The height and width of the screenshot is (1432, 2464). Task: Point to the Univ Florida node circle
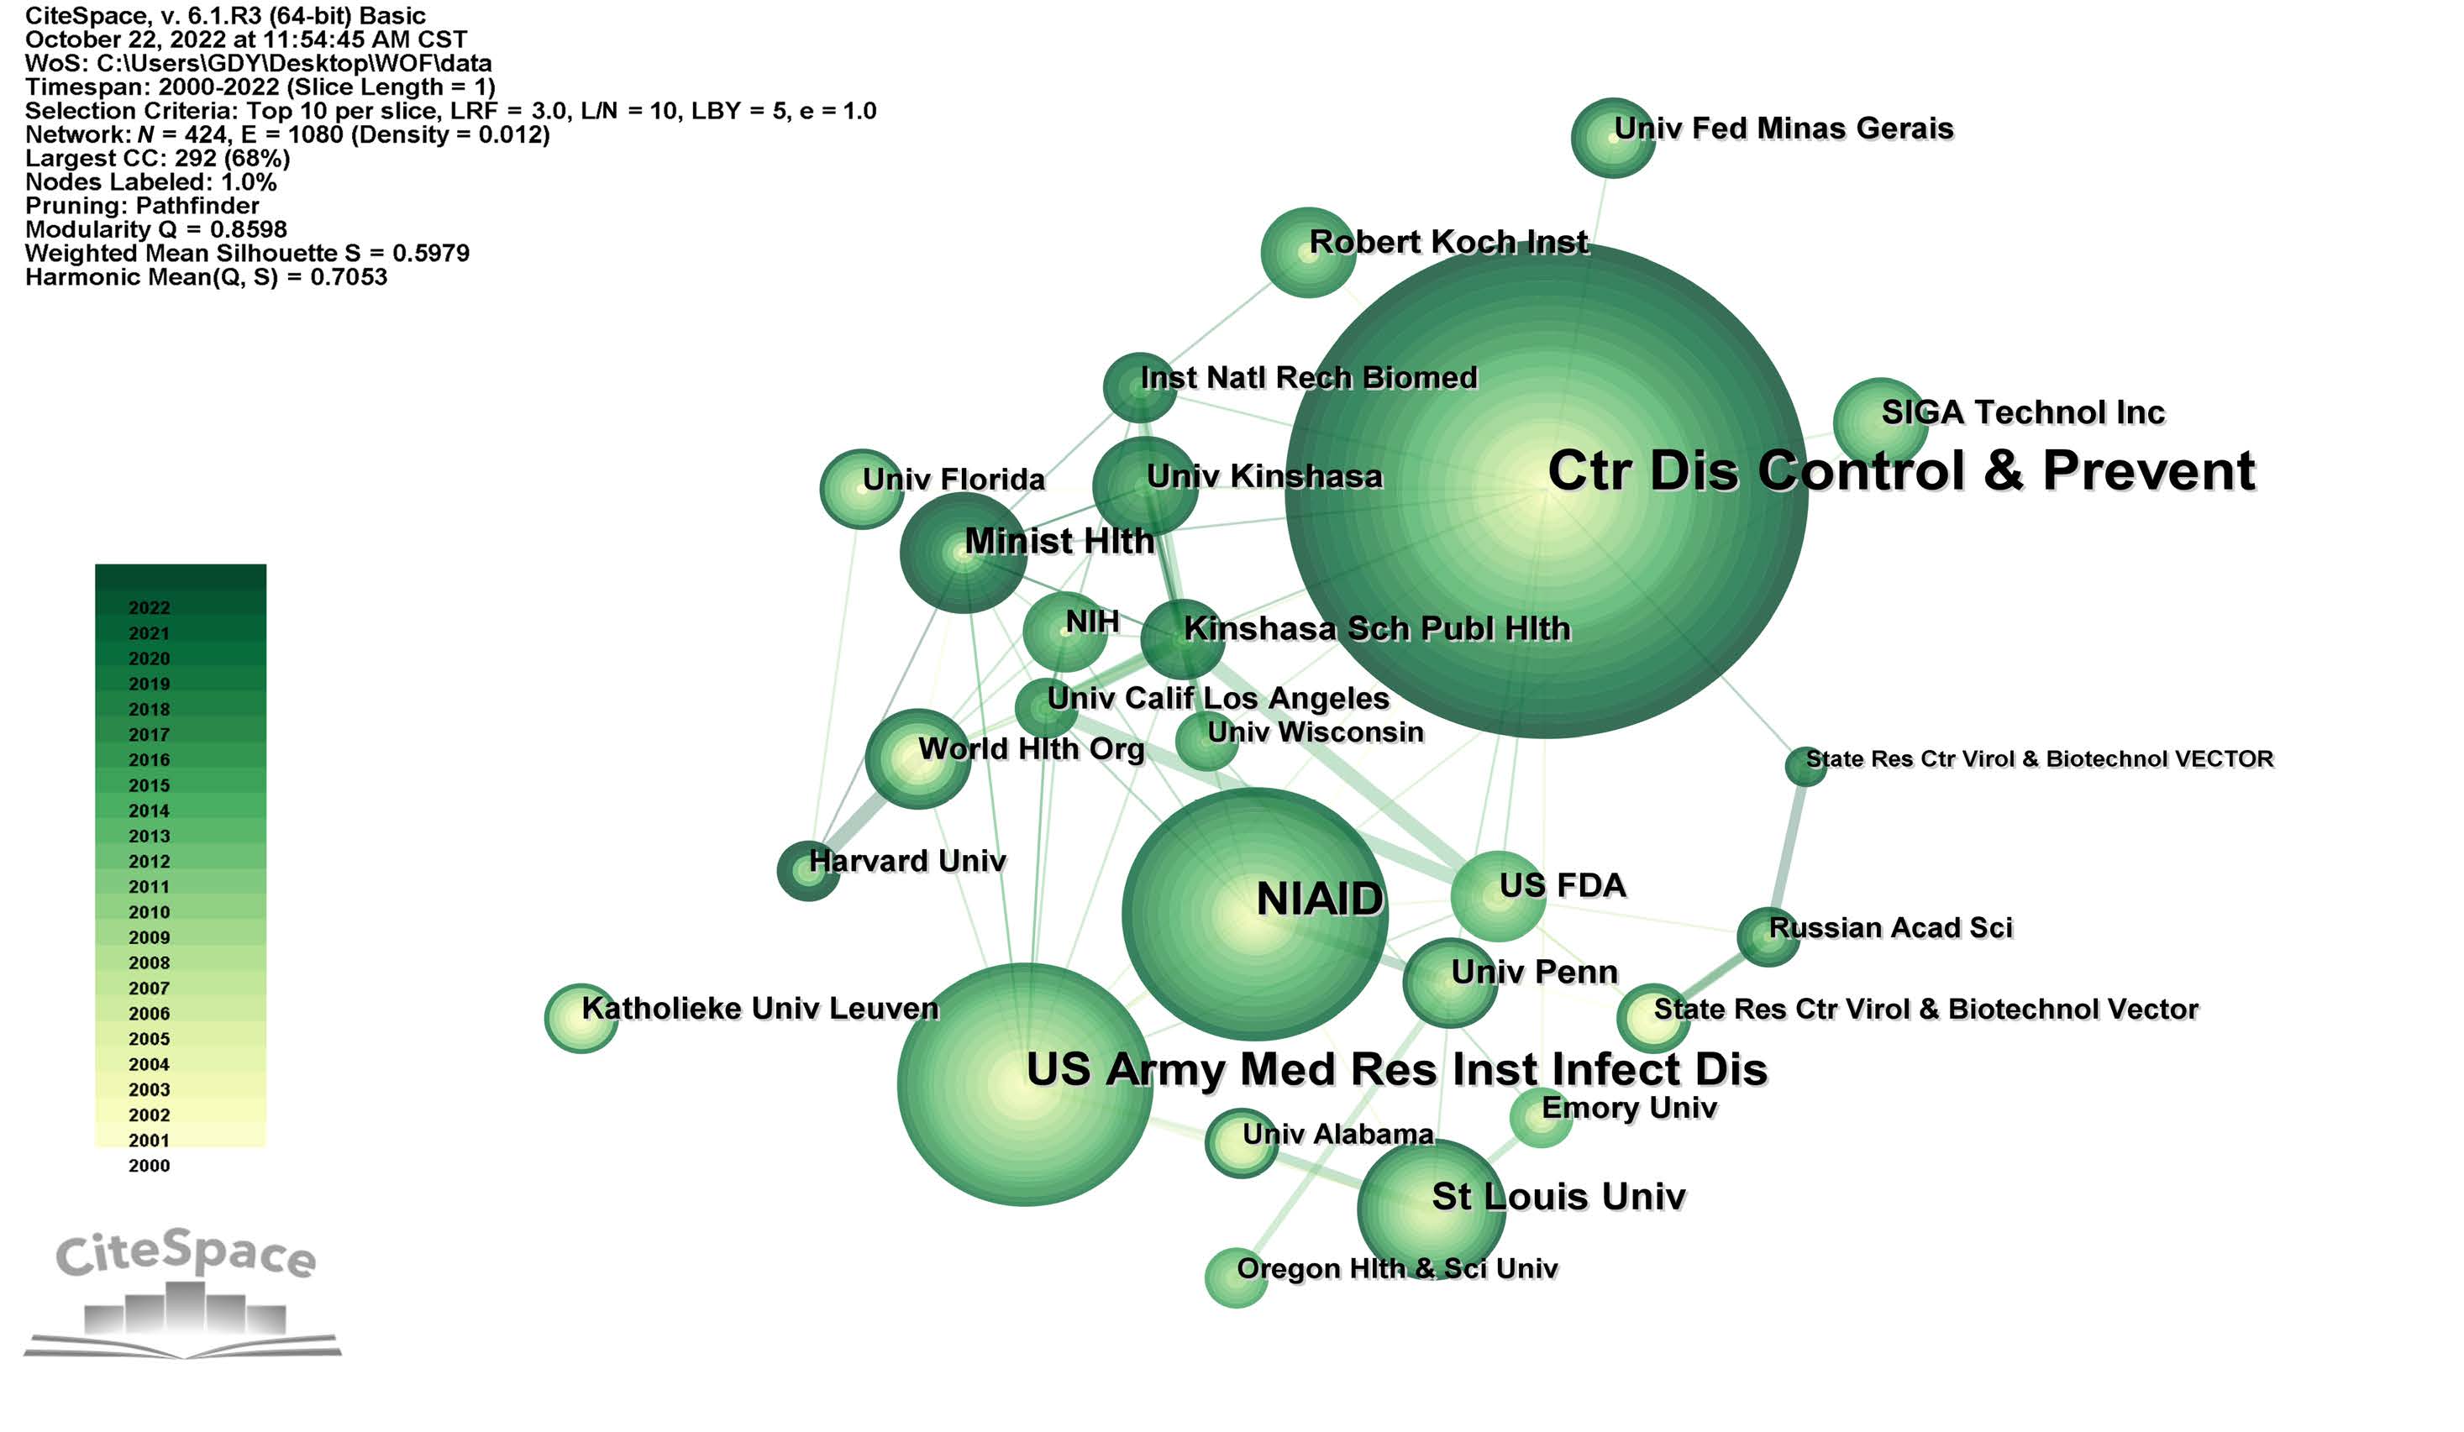tap(860, 489)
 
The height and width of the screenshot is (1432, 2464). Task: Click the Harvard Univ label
tap(906, 861)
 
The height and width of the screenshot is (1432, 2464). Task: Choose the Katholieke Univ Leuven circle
tap(581, 1018)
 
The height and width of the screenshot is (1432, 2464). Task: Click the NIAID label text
tap(1319, 900)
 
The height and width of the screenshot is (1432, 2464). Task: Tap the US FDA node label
tap(1563, 885)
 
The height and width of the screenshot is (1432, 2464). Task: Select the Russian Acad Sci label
tap(1890, 927)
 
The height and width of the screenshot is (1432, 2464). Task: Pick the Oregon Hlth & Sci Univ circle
tap(1236, 1277)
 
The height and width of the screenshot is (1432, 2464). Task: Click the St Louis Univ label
tap(1558, 1197)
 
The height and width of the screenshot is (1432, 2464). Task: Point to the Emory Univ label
tap(1629, 1108)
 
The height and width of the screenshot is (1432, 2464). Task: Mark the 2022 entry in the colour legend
tap(149, 608)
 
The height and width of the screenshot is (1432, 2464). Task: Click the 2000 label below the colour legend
tap(149, 1165)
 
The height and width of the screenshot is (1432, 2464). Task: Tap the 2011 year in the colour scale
tap(149, 887)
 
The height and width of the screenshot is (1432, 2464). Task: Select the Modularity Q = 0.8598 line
tap(156, 229)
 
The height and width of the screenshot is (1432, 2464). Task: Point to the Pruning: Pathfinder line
tap(142, 205)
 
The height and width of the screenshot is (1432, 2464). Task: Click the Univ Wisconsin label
tap(1314, 732)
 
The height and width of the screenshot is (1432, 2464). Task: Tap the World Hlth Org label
tap(1031, 748)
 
